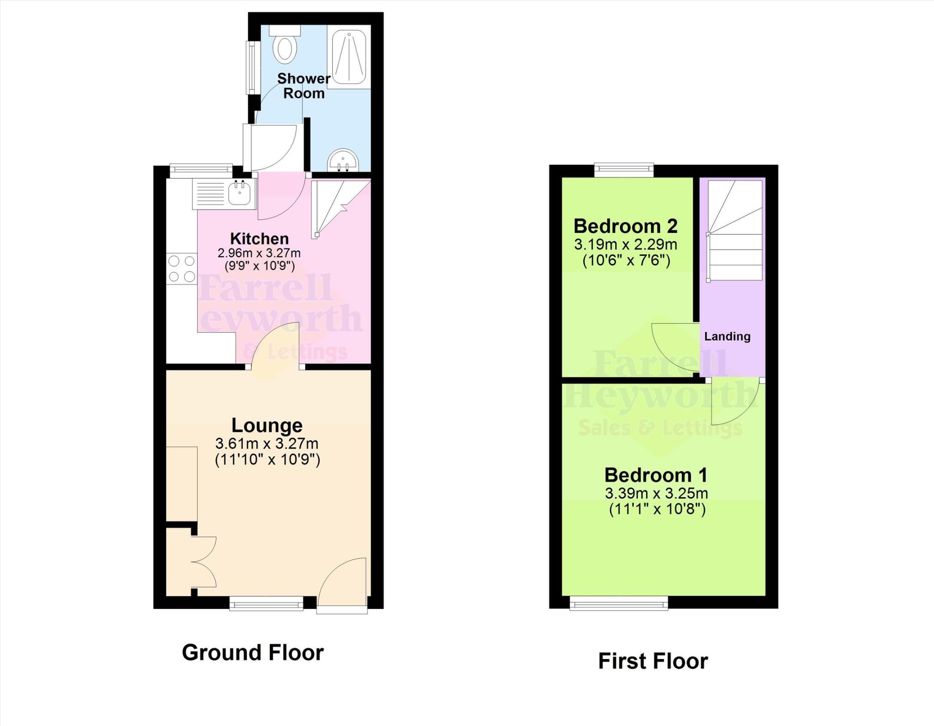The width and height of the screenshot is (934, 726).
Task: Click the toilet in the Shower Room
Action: [x=285, y=46]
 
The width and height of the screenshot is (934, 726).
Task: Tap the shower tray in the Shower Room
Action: [x=349, y=57]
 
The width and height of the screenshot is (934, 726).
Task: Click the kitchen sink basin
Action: [x=240, y=194]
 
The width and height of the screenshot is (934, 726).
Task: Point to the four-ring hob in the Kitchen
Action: [x=182, y=269]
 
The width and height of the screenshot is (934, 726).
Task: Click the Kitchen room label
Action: [x=259, y=239]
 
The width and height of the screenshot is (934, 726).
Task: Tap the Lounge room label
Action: [x=267, y=425]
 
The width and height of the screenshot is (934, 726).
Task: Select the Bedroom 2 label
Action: [x=625, y=226]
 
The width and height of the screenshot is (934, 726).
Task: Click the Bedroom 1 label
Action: [x=656, y=475]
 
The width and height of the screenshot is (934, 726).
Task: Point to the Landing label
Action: [x=727, y=337]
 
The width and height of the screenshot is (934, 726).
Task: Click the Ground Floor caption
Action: [x=253, y=653]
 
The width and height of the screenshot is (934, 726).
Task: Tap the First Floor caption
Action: [x=653, y=661]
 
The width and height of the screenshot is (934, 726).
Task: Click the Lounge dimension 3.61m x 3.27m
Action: [x=267, y=443]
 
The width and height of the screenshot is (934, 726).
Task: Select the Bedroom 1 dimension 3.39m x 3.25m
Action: [x=656, y=493]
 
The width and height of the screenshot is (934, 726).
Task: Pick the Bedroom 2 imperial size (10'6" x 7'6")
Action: [x=626, y=261]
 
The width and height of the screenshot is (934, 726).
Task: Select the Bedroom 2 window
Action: [x=624, y=171]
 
